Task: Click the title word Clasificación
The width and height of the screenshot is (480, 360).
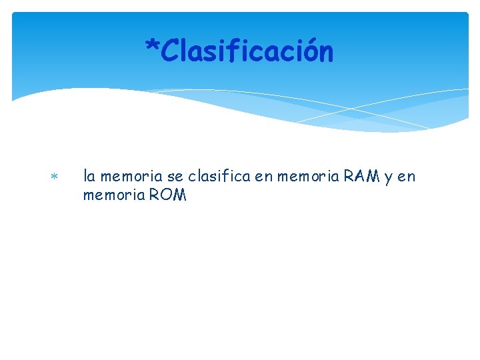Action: pos(247,51)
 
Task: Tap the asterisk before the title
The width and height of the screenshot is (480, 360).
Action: pos(153,48)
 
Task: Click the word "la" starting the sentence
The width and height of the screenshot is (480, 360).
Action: pos(88,177)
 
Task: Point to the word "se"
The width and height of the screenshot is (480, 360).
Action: pos(175,177)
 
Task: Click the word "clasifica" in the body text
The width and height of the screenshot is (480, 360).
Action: pos(217,177)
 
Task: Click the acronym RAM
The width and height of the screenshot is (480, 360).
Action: pos(360,177)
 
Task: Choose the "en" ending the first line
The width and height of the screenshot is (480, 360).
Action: pos(407,177)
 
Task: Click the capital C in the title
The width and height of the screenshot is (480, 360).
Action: pos(170,51)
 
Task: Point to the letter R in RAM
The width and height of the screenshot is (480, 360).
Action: pos(349,177)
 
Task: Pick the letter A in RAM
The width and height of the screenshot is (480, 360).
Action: pos(359,177)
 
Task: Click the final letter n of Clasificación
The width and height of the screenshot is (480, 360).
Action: pos(325,53)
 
